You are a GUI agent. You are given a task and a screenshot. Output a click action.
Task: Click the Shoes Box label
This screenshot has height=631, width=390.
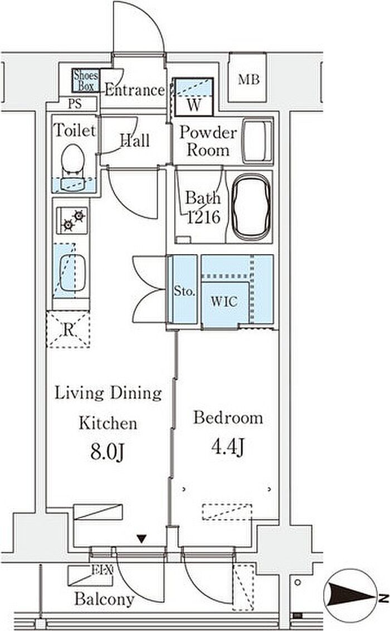tap(85, 80)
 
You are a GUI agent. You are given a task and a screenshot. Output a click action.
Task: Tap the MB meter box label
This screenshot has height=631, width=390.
tap(248, 79)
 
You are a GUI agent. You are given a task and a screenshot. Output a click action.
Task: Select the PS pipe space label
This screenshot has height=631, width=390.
tap(75, 104)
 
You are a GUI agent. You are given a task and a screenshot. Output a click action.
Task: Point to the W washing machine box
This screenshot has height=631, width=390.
tap(193, 96)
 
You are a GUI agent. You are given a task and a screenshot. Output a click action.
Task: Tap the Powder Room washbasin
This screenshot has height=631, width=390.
tap(257, 141)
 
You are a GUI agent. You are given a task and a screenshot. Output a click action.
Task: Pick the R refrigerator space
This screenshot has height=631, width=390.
tap(69, 329)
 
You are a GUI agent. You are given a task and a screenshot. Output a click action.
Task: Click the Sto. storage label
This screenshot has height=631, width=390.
tap(184, 290)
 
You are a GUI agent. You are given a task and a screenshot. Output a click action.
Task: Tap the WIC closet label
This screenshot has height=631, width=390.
tap(224, 302)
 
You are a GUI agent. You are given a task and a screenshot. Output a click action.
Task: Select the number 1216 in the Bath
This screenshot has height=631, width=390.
tap(204, 217)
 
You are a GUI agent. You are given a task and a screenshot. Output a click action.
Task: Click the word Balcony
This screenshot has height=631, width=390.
tap(104, 599)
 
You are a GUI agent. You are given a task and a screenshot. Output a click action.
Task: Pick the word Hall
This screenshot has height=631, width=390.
tap(135, 140)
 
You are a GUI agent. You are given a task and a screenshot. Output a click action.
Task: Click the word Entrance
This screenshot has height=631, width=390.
tap(135, 90)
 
